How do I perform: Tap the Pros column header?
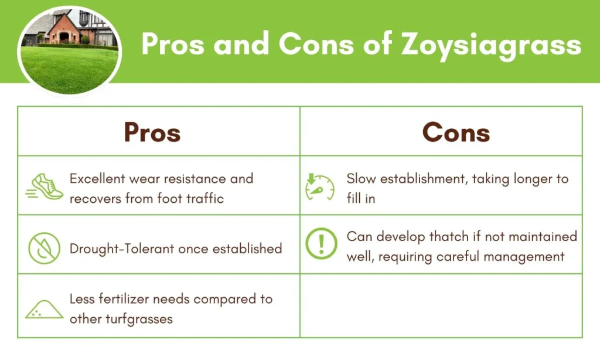point(152,133)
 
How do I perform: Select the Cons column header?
point(456,133)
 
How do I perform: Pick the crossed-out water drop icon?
point(45,248)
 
